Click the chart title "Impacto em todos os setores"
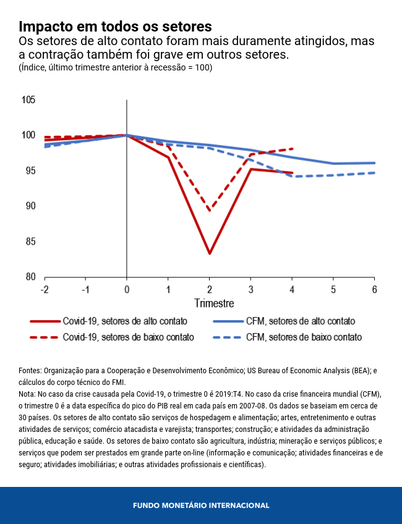pos(116,27)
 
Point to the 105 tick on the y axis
pos(28,100)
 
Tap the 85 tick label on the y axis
pos(29,242)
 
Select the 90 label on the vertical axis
pos(29,206)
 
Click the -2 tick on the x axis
pos(44,290)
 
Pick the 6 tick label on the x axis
pos(374,290)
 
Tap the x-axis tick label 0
pos(127,290)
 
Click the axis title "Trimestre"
pos(214,303)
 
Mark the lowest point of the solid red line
pos(210,253)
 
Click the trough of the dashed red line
pos(210,211)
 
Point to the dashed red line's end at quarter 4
pos(292,148)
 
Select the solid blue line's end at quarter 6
pos(374,163)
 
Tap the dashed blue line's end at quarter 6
pos(374,172)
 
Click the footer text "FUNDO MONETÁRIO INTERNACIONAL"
pos(201,505)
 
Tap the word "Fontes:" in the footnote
pos(30,371)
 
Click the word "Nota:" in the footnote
pos(27,394)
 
